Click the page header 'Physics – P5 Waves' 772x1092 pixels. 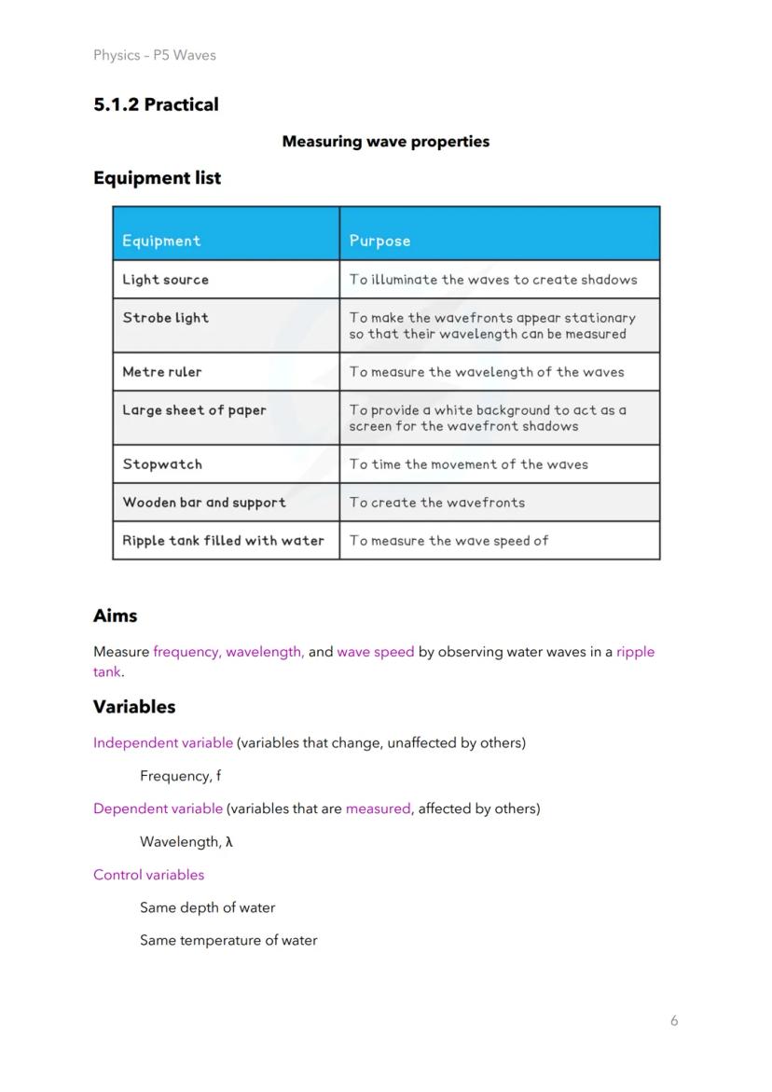pyautogui.click(x=155, y=55)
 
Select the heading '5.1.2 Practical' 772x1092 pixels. pyautogui.click(x=156, y=104)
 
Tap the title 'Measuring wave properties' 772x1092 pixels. pyautogui.click(x=385, y=142)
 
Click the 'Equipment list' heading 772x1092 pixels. pyautogui.click(x=157, y=177)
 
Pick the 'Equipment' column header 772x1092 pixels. pyautogui.click(x=161, y=241)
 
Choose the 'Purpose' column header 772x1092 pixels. pyautogui.click(x=379, y=241)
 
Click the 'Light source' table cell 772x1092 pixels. pyautogui.click(x=166, y=280)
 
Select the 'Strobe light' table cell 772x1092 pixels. pyautogui.click(x=166, y=318)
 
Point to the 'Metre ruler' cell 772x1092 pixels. pyautogui.click(x=162, y=372)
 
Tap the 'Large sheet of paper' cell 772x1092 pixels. pyautogui.click(x=194, y=410)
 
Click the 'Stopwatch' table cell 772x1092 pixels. pyautogui.click(x=162, y=464)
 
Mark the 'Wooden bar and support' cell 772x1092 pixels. pyautogui.click(x=204, y=503)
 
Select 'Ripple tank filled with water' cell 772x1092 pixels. pyautogui.click(x=224, y=541)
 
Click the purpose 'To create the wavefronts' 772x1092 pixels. pyautogui.click(x=437, y=503)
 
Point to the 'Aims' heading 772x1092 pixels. pyautogui.click(x=115, y=615)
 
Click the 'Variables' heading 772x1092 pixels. pyautogui.click(x=134, y=707)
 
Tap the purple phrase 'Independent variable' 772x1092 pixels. pyautogui.click(x=163, y=743)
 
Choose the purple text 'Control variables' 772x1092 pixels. pyautogui.click(x=148, y=875)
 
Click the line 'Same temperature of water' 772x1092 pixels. pyautogui.click(x=228, y=940)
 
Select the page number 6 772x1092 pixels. pyautogui.click(x=674, y=1020)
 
